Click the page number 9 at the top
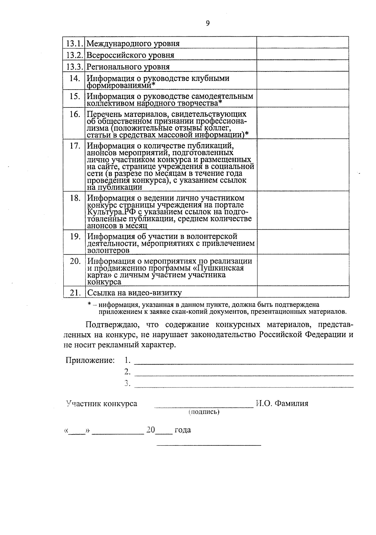point(207,23)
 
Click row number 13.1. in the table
point(74,43)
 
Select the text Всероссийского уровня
point(130,55)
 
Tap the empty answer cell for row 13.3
point(303,66)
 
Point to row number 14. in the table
point(75,78)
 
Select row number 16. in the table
point(75,114)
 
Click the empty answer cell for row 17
point(303,165)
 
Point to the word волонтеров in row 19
point(108,251)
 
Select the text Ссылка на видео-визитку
point(134,293)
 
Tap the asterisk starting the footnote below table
point(89,304)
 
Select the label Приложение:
point(90,361)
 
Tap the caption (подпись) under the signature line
point(204,412)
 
